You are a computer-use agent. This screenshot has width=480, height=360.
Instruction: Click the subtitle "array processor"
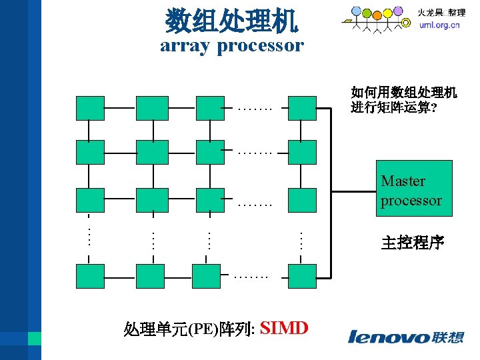[x=231, y=45]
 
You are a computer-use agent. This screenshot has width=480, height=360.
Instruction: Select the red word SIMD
[x=284, y=328]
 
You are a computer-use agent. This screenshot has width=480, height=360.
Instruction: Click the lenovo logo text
[x=389, y=337]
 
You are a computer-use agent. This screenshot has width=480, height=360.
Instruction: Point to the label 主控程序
[x=412, y=243]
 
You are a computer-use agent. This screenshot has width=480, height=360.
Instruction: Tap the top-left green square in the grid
[x=90, y=107]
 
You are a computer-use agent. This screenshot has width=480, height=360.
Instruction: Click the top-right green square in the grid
[x=302, y=107]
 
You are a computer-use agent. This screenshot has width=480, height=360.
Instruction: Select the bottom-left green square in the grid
[x=90, y=275]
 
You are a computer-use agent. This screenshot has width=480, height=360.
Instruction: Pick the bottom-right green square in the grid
[x=302, y=275]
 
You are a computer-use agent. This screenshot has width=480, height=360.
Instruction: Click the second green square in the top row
[x=152, y=107]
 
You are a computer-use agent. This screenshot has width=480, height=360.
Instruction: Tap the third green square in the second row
[x=210, y=152]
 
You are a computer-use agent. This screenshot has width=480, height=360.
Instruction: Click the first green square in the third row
[x=90, y=199]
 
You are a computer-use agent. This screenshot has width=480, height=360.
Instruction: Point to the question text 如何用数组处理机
[x=404, y=93]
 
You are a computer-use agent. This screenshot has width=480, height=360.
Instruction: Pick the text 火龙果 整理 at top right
[x=441, y=13]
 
